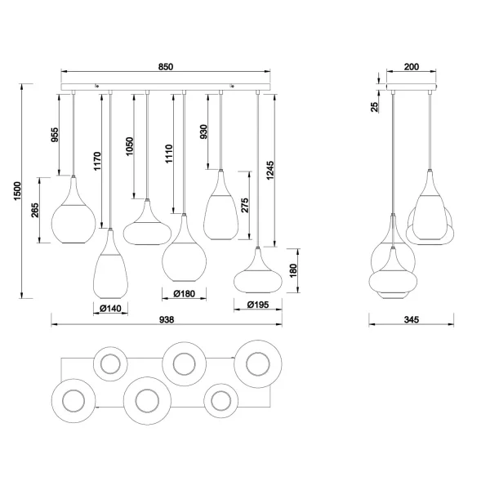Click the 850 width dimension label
click(x=166, y=68)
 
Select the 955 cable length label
click(x=55, y=134)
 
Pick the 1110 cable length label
click(x=170, y=154)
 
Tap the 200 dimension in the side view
click(x=411, y=68)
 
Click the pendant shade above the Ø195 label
click(x=258, y=274)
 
